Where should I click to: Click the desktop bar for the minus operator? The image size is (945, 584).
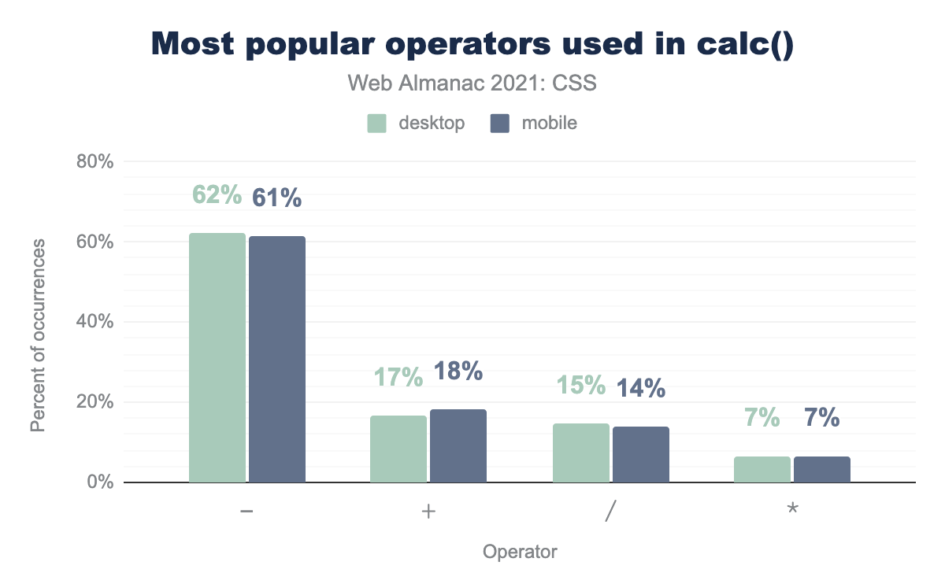coord(217,357)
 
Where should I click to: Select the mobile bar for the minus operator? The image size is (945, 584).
coord(277,359)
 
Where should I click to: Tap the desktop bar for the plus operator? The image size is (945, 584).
coord(398,449)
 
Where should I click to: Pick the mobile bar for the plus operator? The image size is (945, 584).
coord(458,445)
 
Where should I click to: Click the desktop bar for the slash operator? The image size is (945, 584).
coord(581,453)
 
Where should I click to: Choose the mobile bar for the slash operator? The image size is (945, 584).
coord(641,454)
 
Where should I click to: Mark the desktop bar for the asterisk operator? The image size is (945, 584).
coord(762,469)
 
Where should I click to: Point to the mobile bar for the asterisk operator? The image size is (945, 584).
coord(822,469)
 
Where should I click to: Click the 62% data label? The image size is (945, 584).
coord(217,195)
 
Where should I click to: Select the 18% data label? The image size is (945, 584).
coord(458,371)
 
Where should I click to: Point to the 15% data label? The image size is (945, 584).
coord(581,385)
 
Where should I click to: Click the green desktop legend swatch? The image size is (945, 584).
coord(376,124)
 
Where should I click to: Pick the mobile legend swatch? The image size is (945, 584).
coord(500,124)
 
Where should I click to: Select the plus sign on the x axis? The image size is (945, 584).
coord(428,511)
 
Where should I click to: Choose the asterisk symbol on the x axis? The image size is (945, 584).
coord(792,509)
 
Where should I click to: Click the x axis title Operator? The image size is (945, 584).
coord(520,552)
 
